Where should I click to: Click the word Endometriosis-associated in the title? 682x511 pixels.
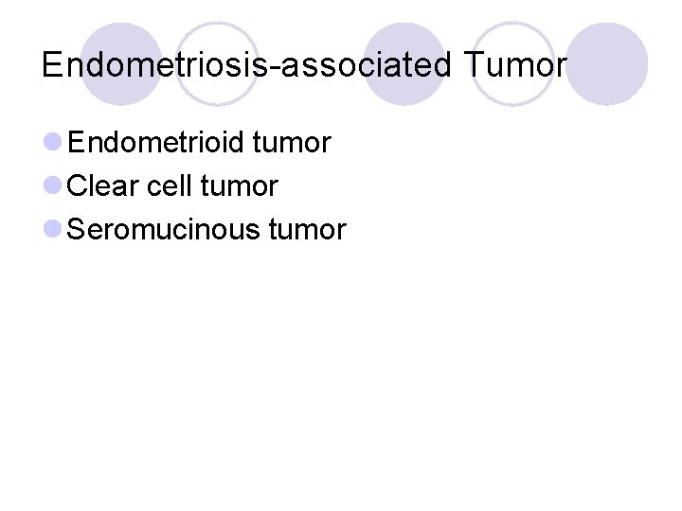pyautogui.click(x=248, y=64)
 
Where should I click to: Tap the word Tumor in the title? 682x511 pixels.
pyautogui.click(x=515, y=64)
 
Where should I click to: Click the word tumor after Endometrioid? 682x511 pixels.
pyautogui.click(x=293, y=143)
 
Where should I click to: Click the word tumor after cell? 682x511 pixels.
pyautogui.click(x=240, y=186)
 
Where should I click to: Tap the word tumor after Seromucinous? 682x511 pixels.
pyautogui.click(x=308, y=229)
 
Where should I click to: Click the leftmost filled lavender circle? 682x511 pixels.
pyautogui.click(x=121, y=63)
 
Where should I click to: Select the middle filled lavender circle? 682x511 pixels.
pyautogui.click(x=404, y=63)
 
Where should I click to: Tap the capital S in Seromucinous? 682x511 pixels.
pyautogui.click(x=79, y=229)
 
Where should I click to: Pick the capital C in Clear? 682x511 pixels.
pyautogui.click(x=80, y=186)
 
